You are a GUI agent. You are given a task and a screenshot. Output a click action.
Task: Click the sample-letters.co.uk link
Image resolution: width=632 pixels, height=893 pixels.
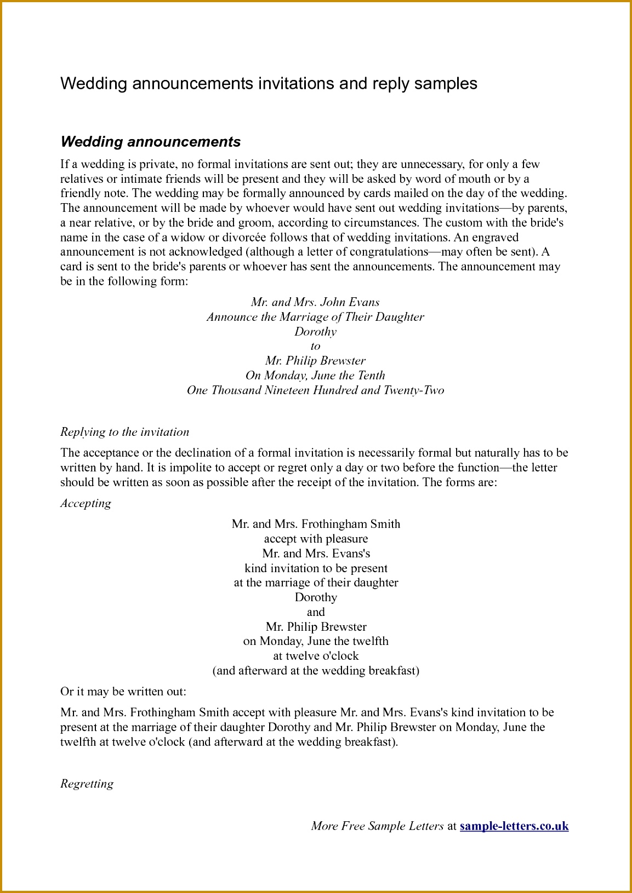pyautogui.click(x=514, y=826)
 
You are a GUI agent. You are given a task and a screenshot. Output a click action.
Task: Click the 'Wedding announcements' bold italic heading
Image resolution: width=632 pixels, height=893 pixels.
pyautogui.click(x=151, y=142)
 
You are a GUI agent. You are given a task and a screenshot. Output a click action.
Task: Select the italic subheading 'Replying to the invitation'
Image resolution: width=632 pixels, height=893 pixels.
pyautogui.click(x=124, y=432)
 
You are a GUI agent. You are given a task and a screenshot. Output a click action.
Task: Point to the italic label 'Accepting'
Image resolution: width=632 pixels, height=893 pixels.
pyautogui.click(x=86, y=503)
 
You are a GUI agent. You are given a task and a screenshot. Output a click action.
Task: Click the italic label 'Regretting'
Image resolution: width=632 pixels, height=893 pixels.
pyautogui.click(x=87, y=783)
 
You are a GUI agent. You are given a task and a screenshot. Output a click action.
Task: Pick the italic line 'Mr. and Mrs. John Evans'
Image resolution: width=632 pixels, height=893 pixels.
pyautogui.click(x=315, y=302)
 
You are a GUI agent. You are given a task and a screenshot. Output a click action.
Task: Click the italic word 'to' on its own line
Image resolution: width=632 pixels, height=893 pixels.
pyautogui.click(x=315, y=346)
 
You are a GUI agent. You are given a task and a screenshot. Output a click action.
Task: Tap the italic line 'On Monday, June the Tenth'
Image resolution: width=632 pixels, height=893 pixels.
pyautogui.click(x=315, y=376)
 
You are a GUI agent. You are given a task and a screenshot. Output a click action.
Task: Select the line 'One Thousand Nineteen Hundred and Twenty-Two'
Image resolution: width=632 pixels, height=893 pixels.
pyautogui.click(x=315, y=390)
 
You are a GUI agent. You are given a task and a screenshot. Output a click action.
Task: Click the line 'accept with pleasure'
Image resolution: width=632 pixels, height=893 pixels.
pyautogui.click(x=316, y=539)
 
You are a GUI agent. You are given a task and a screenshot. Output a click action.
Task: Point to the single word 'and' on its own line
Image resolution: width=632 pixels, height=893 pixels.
pyautogui.click(x=316, y=612)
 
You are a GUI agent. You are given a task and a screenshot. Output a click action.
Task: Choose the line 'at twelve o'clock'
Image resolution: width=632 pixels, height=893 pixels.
pyautogui.click(x=316, y=656)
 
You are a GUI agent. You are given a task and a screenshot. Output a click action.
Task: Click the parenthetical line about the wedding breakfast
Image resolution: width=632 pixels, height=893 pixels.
pyautogui.click(x=316, y=671)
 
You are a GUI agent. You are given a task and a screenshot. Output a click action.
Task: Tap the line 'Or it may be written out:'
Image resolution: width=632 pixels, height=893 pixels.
pyautogui.click(x=123, y=692)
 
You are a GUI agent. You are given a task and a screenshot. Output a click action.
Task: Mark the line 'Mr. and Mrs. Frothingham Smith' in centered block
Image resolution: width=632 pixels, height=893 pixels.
pyautogui.click(x=316, y=524)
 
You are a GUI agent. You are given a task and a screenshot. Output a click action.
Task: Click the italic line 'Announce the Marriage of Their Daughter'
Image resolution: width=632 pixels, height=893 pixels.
pyautogui.click(x=315, y=317)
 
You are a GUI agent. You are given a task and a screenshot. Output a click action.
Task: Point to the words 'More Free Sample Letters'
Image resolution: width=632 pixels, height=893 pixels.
pyautogui.click(x=377, y=826)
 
